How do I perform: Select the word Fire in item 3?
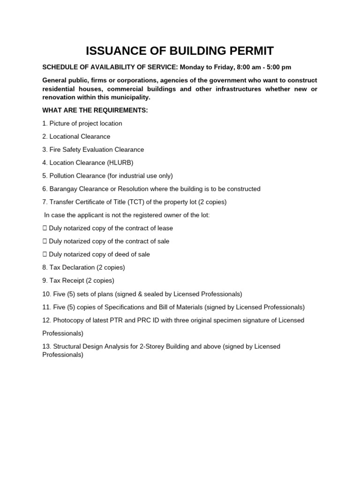55,150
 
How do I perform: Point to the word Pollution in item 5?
62,176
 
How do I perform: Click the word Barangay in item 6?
63,189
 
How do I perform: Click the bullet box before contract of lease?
45,228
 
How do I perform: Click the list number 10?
46,294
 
